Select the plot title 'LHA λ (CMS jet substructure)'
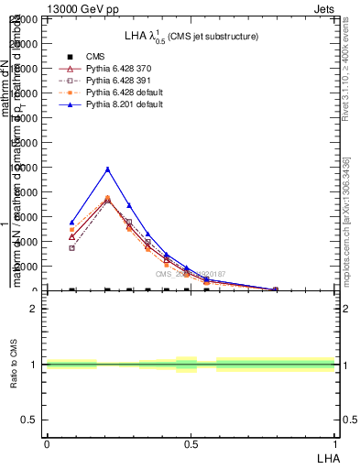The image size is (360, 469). point(191,36)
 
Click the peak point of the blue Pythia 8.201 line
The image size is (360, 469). point(107,169)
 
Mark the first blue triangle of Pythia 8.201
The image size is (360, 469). point(71,223)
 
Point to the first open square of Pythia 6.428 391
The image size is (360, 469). point(71,248)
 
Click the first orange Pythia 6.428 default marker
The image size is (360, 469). point(71,230)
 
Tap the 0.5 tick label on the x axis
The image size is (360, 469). point(191,443)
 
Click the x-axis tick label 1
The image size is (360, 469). point(335,443)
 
